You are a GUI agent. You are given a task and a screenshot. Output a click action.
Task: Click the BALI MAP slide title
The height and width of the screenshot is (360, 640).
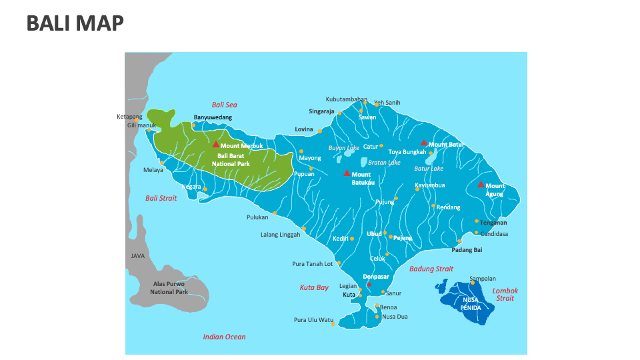tap(75, 23)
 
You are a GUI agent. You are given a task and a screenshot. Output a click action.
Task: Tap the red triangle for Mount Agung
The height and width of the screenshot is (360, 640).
tap(481, 185)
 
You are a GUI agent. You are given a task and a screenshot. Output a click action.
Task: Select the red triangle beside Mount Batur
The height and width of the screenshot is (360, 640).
tap(423, 143)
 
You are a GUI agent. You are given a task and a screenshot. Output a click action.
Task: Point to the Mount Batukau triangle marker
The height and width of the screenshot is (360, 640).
tap(346, 173)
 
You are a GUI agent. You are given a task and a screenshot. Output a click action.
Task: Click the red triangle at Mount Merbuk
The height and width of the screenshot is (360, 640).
tap(215, 144)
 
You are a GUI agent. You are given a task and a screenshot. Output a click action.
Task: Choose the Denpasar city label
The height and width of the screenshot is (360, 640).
tap(376, 276)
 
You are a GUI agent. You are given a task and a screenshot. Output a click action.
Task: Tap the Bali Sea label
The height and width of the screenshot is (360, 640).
tap(224, 105)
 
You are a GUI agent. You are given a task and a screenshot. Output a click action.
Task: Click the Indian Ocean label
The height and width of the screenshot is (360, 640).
tap(224, 337)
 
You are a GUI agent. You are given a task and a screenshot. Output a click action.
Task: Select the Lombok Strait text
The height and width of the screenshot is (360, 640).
tap(505, 295)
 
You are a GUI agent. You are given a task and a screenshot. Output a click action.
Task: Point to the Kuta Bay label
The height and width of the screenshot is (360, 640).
tap(313, 287)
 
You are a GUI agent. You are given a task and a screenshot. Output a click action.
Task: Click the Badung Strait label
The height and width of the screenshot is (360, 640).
tap(431, 269)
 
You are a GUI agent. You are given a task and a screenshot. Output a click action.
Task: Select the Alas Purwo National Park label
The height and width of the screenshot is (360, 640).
tap(169, 287)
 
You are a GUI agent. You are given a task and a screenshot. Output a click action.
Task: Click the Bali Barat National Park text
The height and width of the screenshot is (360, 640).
tap(231, 159)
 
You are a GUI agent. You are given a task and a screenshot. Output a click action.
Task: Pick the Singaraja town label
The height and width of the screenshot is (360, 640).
tap(321, 111)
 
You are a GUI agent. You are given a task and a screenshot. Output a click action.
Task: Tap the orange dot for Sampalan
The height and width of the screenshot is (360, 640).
tap(473, 283)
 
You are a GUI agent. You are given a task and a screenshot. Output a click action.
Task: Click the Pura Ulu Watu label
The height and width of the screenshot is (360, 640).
tap(313, 320)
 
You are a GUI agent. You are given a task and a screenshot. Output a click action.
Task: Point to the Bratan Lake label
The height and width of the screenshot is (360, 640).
tap(384, 162)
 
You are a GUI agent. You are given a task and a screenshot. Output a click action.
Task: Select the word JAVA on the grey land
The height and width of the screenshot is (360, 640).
tap(137, 255)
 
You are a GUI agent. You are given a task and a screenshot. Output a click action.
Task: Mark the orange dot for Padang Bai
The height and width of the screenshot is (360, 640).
tap(459, 241)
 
